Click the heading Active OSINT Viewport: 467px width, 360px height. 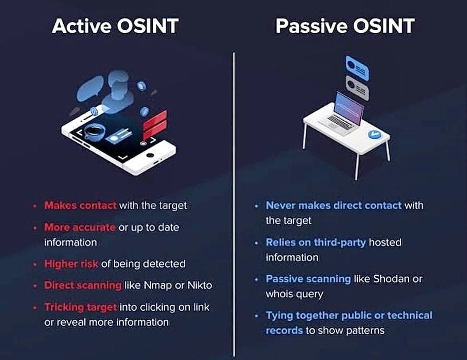(115, 26)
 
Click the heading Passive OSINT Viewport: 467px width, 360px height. (345, 26)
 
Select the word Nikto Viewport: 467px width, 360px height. (199, 285)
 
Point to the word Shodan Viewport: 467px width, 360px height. (391, 279)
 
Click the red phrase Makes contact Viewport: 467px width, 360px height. (80, 205)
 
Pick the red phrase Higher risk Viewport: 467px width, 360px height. (71, 263)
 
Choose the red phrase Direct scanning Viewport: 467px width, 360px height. (83, 285)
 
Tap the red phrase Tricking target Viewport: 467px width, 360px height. (81, 307)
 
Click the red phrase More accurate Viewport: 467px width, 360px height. (80, 227)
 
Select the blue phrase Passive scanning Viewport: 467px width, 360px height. (308, 279)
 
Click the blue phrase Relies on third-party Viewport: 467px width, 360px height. (316, 242)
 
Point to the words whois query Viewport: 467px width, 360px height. (294, 294)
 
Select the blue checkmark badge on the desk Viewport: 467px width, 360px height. (374, 134)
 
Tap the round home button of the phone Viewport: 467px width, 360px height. (151, 157)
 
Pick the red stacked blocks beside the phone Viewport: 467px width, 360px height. (155, 124)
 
